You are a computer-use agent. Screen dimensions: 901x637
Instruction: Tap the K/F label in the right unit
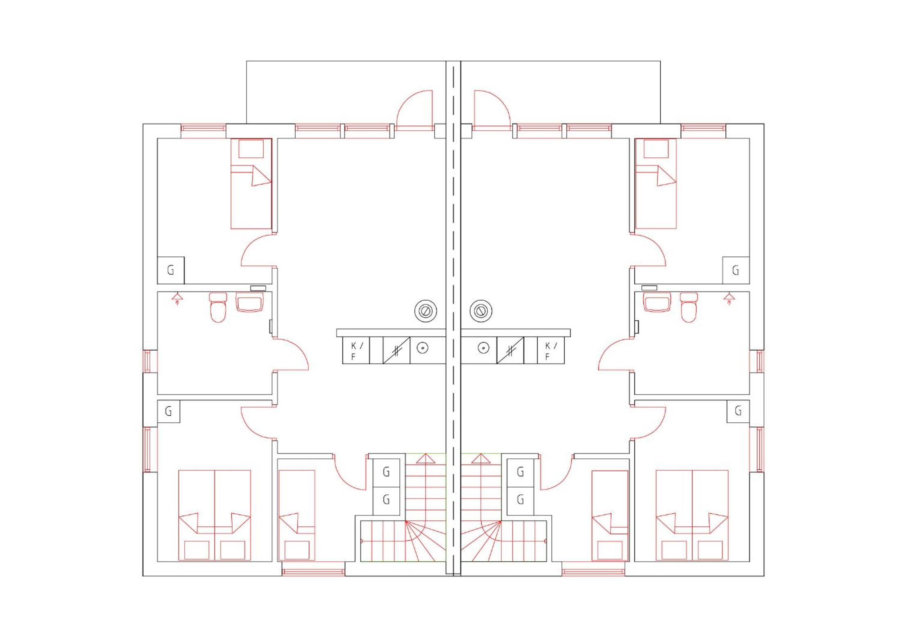pos(551,351)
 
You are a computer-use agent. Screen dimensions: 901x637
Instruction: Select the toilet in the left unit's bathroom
pos(218,307)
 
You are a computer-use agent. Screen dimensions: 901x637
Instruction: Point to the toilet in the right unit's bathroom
pos(689,307)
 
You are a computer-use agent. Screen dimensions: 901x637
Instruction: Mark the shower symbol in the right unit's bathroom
pos(729,298)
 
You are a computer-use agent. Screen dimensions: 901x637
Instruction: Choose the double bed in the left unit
pos(215,515)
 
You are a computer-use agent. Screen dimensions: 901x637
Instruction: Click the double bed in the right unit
pos(692,515)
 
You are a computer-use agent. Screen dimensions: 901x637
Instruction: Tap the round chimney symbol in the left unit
pos(426,311)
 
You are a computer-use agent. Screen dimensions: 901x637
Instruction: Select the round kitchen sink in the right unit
pos(484,348)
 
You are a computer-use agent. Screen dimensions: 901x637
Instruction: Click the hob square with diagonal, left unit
pos(396,350)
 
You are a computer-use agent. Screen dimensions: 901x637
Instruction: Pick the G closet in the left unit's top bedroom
pos(171,270)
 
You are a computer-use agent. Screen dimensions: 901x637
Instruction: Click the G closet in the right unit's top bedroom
pos(736,270)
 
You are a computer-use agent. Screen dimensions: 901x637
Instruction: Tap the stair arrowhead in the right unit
pos(481,458)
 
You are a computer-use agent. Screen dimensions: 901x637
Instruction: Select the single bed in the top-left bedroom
pos(251,184)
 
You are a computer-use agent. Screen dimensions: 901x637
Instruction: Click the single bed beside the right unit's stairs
pos(610,515)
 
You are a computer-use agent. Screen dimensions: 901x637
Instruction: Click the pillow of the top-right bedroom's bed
pos(656,149)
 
